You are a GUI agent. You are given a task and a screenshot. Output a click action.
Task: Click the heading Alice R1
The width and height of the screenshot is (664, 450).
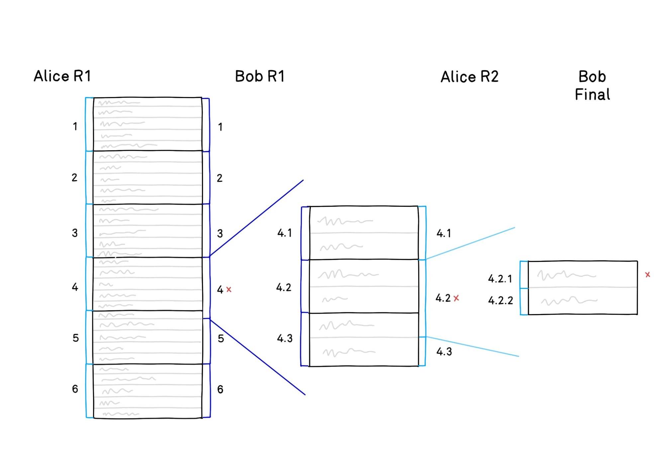tap(62, 76)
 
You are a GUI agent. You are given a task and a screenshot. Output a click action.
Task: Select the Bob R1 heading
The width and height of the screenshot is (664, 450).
tap(260, 76)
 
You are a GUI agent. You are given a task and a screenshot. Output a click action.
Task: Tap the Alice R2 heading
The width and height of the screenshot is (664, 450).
tap(469, 77)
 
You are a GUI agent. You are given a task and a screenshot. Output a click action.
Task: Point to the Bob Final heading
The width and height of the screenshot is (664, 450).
tap(592, 85)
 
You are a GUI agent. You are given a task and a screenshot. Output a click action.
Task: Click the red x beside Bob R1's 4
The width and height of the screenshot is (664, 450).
tap(229, 289)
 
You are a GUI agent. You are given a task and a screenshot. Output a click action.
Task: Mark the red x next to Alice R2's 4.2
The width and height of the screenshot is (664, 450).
tap(456, 298)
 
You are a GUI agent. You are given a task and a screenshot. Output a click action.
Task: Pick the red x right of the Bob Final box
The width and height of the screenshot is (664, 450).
tap(647, 275)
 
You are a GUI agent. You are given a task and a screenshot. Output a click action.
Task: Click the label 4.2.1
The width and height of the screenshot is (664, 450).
tap(500, 279)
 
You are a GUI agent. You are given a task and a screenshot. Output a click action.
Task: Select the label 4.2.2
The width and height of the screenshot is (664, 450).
tap(500, 301)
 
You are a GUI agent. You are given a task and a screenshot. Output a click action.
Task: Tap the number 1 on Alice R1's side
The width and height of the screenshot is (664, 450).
tap(75, 126)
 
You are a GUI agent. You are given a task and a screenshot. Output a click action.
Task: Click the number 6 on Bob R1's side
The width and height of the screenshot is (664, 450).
tap(220, 389)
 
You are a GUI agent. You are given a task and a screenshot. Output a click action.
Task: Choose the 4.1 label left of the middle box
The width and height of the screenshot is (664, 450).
tap(284, 233)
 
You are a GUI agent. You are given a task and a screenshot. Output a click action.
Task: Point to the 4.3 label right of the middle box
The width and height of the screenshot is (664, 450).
tap(444, 352)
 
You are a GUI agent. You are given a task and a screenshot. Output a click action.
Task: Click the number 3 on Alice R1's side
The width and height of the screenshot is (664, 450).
tap(75, 233)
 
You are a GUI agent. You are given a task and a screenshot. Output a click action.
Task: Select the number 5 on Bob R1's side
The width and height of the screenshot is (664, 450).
tap(221, 339)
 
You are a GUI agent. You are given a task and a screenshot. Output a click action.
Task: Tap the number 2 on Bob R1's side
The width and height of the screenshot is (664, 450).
tap(220, 178)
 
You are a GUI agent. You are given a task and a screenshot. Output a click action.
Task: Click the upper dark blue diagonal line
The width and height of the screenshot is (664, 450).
tap(256, 218)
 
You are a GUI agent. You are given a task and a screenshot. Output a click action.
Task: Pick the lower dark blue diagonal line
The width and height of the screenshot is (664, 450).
tap(257, 357)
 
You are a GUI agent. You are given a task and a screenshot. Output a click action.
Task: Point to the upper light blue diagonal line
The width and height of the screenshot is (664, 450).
tap(470, 243)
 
